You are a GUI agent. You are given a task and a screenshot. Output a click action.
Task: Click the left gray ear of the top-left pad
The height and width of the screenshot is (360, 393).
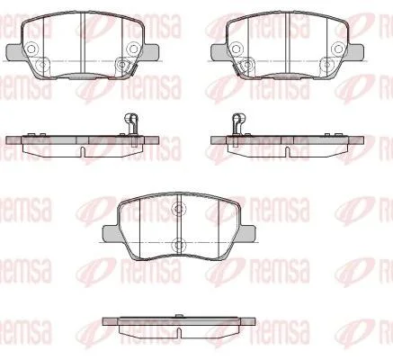[x=13, y=51]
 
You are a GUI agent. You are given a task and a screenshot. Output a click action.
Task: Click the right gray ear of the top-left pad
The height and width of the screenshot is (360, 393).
[x=151, y=51]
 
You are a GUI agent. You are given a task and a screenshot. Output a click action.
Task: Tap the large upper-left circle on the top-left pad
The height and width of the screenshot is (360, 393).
[x=31, y=49]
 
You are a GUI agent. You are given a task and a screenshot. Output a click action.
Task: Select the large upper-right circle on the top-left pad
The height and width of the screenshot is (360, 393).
[x=132, y=49]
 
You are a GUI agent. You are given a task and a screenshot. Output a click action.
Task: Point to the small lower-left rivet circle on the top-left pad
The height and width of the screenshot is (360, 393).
[x=41, y=64]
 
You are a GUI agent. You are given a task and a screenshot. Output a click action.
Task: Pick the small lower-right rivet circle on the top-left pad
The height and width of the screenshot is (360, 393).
[x=121, y=64]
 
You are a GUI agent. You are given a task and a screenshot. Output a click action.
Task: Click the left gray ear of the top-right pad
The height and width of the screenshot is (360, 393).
[x=219, y=51]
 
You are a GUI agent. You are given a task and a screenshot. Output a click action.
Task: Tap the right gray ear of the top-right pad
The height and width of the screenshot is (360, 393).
[x=356, y=51]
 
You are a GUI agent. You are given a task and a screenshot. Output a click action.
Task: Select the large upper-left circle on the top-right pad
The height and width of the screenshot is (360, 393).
[x=237, y=49]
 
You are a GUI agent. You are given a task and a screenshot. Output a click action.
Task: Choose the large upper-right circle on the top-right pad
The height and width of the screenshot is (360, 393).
[x=338, y=49]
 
